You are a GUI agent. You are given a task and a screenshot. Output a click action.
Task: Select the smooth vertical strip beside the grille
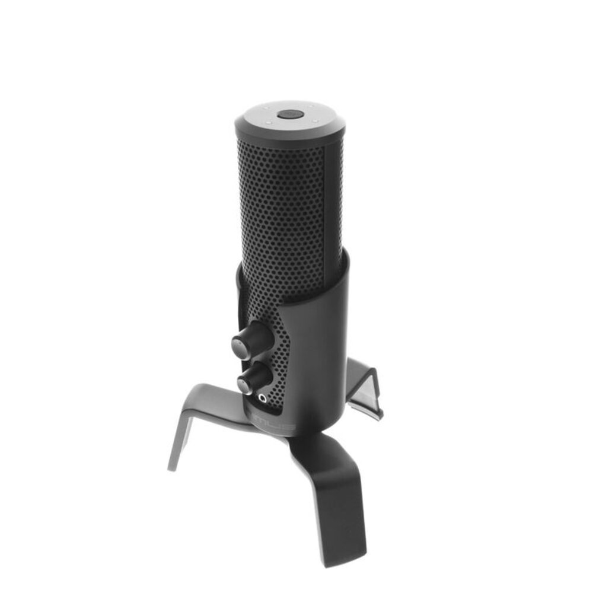pyautogui.click(x=333, y=196)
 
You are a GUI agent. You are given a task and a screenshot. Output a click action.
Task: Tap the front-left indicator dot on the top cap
pyautogui.click(x=268, y=122)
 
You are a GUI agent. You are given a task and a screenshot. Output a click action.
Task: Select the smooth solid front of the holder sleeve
pyautogui.click(x=320, y=356)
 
